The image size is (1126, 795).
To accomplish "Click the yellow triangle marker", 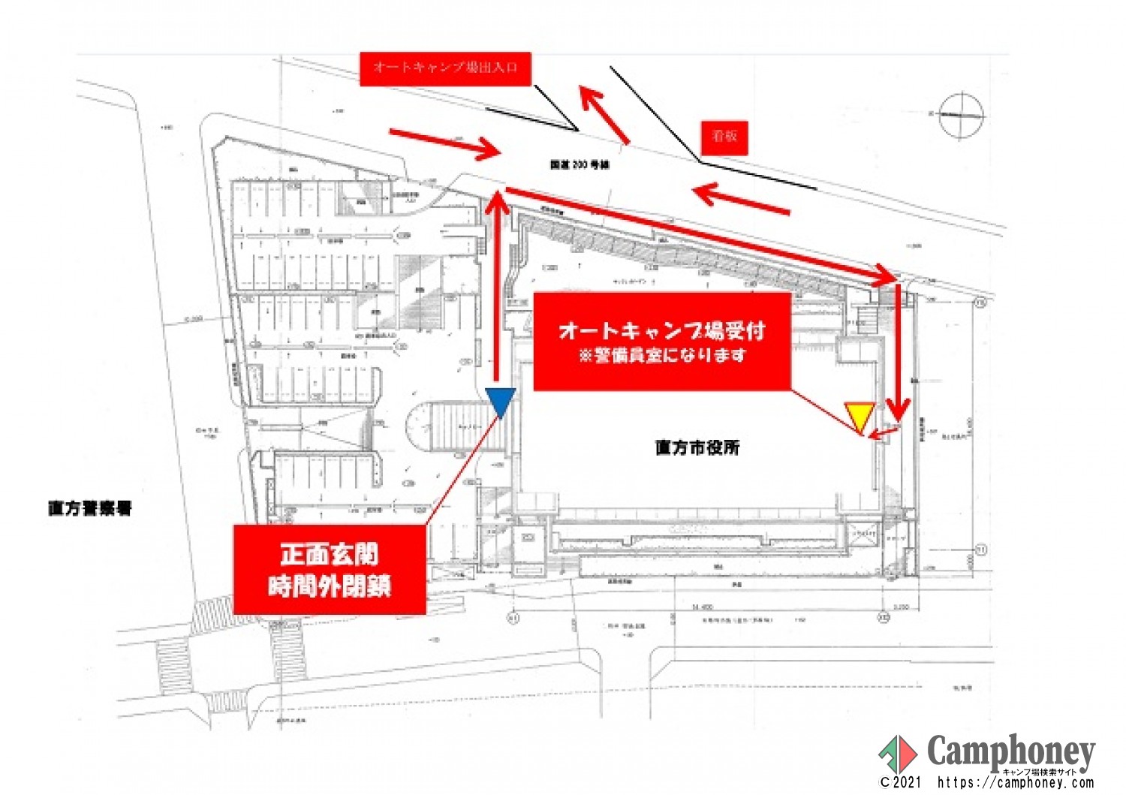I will (859, 415).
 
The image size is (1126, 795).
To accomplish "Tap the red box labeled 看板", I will (724, 137).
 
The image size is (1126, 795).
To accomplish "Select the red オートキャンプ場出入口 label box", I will (445, 68).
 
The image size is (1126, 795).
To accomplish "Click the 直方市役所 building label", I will (697, 447).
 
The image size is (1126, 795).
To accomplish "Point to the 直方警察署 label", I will (90, 508).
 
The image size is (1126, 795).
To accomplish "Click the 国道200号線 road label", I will (580, 164).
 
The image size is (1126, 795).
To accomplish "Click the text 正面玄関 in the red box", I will (330, 554).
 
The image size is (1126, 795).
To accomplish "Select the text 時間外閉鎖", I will (330, 586).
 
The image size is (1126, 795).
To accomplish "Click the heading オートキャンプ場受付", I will (661, 330).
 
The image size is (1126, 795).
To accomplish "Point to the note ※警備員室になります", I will (662, 355).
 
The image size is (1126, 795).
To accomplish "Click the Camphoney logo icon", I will (898, 752).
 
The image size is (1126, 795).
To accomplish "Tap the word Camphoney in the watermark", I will (1010, 750).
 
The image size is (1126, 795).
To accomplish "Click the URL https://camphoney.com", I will (1015, 783).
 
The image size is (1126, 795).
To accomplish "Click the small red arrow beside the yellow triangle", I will (884, 431).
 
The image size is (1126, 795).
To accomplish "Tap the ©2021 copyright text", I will (900, 783).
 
